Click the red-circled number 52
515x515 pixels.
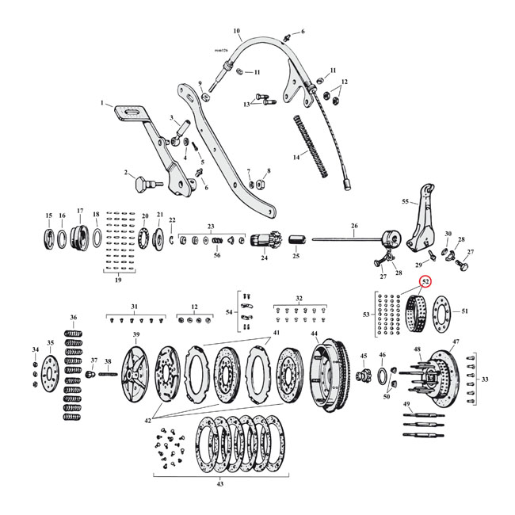pos(425,281)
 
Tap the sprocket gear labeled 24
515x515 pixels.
pos(264,240)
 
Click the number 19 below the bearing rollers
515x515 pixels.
pos(119,280)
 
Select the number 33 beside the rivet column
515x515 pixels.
pos(485,379)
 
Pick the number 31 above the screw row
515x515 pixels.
pos(134,307)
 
